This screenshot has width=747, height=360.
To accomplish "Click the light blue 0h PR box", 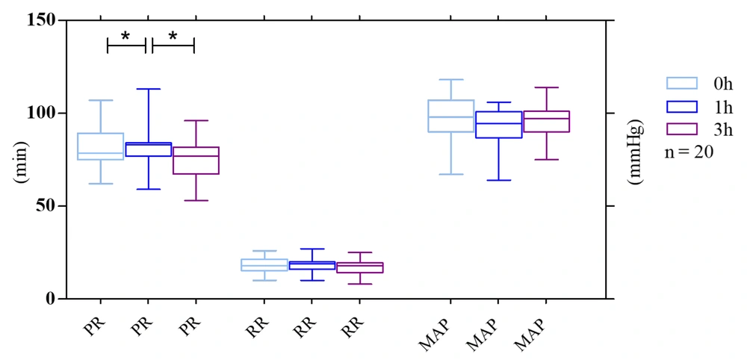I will pyautogui.click(x=100, y=146).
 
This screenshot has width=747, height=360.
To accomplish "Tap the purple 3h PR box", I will pyautogui.click(x=196, y=160).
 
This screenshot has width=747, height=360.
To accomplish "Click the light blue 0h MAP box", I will pyautogui.click(x=451, y=116).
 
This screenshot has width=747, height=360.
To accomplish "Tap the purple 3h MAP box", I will pyautogui.click(x=547, y=122).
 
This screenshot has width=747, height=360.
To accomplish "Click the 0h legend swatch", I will pyautogui.click(x=681, y=83).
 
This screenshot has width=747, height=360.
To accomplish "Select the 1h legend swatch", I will pyautogui.click(x=681, y=106).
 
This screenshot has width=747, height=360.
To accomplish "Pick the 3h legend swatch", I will pyautogui.click(x=681, y=129).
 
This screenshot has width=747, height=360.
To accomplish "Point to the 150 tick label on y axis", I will pyautogui.click(x=40, y=19).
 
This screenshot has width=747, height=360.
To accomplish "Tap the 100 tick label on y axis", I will pyautogui.click(x=40, y=113).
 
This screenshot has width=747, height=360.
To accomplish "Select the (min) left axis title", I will pyautogui.click(x=20, y=159).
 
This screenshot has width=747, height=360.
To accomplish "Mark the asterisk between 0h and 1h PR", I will pyautogui.click(x=125, y=35).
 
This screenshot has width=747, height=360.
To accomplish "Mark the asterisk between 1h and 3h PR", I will pyautogui.click(x=173, y=35).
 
